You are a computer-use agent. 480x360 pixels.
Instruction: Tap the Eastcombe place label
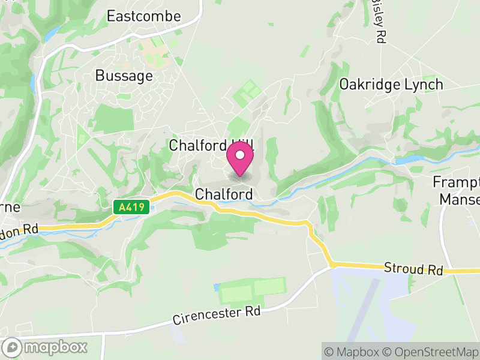(x=143, y=16)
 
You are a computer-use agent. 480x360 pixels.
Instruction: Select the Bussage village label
(x=124, y=76)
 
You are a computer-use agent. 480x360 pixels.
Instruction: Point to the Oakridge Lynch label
(x=391, y=85)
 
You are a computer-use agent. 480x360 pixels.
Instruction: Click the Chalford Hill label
(x=211, y=145)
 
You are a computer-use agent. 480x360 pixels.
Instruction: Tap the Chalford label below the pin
(x=224, y=194)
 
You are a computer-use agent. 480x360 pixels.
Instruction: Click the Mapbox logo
(x=46, y=347)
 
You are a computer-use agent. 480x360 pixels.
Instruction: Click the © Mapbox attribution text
(x=353, y=351)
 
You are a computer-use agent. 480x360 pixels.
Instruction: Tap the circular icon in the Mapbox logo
(x=13, y=347)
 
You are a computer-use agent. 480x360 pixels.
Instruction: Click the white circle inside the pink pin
(x=240, y=155)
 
